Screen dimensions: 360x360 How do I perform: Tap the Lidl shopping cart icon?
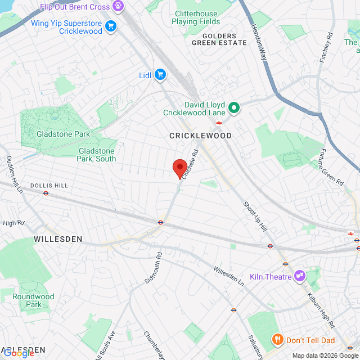pos(160,75)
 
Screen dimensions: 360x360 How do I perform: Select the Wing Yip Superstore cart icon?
pos(110,26)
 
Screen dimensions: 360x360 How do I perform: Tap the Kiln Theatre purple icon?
pos(299,276)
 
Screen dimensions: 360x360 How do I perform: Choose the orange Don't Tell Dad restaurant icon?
pos(277,340)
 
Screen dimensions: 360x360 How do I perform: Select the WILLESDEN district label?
pos(58,239)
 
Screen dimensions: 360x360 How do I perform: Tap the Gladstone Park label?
pos(63,134)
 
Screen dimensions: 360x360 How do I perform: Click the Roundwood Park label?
pos(33,300)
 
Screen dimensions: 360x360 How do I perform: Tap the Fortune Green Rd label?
pos(335,166)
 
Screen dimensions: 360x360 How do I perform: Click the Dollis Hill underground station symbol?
pos(46,193)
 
